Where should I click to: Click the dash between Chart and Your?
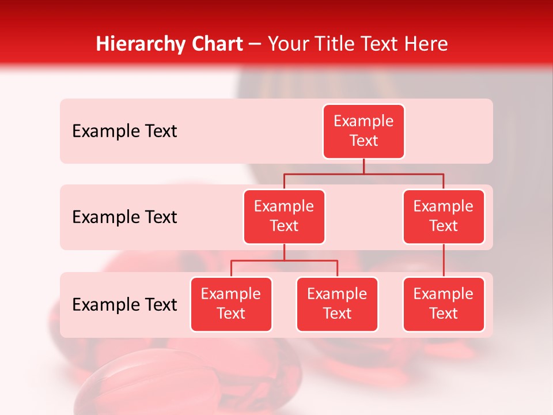(255, 44)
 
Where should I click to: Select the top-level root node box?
(363, 131)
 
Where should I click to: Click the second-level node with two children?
(284, 217)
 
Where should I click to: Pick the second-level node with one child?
(444, 217)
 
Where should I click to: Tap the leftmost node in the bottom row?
(231, 304)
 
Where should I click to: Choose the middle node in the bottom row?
(337, 304)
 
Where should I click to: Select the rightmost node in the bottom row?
(444, 304)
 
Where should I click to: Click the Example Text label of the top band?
(124, 131)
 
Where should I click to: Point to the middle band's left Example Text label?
(124, 217)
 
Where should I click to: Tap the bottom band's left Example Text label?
(124, 305)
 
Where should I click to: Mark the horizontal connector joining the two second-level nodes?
(363, 173)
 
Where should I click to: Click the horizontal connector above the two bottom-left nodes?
(284, 261)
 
